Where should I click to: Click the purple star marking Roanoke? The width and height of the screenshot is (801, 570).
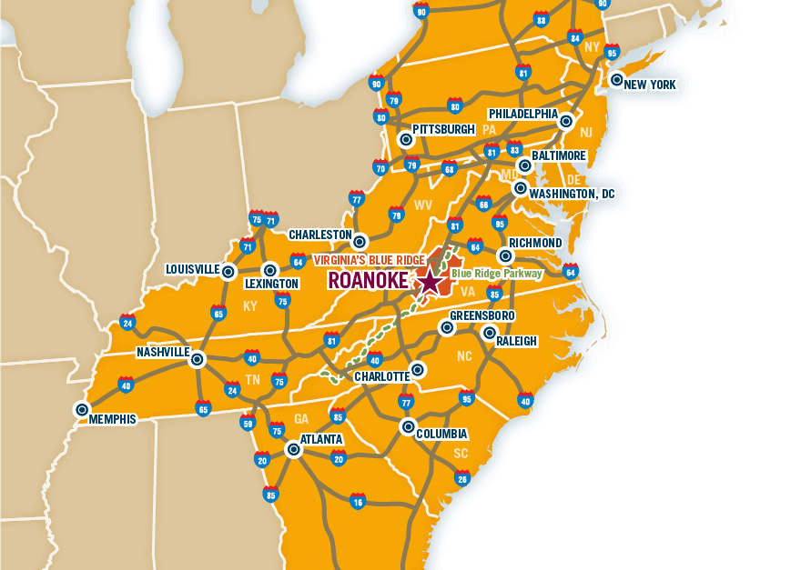click(x=429, y=281)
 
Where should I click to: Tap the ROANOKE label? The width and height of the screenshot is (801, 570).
click(x=368, y=281)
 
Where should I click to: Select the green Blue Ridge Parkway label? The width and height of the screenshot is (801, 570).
click(x=496, y=273)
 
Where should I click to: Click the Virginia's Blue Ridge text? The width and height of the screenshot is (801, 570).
click(x=369, y=260)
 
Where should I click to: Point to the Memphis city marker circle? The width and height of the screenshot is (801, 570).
click(x=82, y=410)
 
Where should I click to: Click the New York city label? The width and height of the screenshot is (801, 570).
click(x=651, y=85)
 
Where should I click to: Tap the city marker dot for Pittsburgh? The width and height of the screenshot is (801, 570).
click(x=406, y=139)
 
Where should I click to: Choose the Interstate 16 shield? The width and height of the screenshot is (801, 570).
click(x=358, y=501)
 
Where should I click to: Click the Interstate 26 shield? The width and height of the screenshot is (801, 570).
click(x=462, y=478)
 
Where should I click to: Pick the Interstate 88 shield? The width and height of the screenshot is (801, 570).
click(x=541, y=19)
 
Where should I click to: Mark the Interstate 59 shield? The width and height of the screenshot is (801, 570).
click(x=248, y=422)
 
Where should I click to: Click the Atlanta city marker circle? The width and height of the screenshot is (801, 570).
click(x=293, y=448)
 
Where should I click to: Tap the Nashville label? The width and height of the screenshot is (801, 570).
click(x=163, y=352)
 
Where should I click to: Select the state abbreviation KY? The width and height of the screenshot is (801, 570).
click(x=250, y=306)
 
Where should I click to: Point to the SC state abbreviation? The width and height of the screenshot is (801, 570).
click(x=461, y=454)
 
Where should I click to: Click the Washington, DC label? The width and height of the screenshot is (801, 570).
click(x=572, y=194)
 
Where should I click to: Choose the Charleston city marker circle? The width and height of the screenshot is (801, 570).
click(x=360, y=242)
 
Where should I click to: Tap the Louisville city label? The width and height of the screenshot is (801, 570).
click(x=192, y=269)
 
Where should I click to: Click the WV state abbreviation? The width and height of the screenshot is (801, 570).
click(x=423, y=205)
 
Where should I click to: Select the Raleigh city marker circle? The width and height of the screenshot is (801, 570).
click(x=490, y=333)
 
